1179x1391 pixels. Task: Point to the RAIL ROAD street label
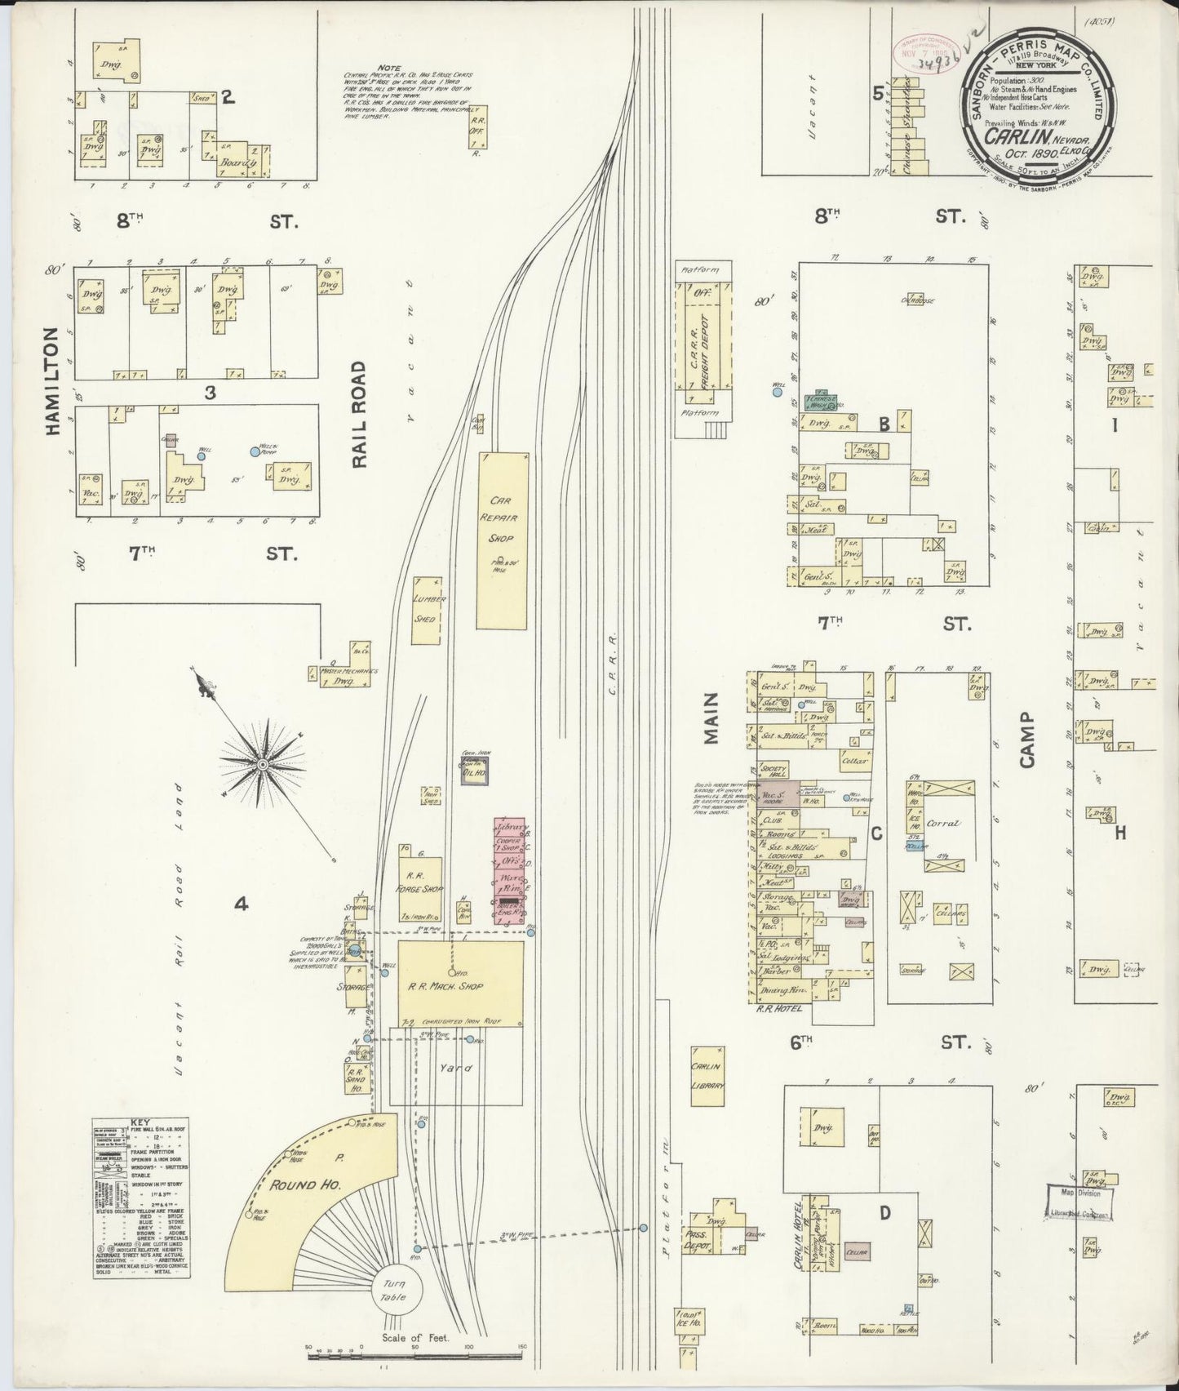click(x=360, y=415)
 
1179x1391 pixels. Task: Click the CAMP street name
click(x=1026, y=738)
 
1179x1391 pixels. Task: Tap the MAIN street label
click(x=711, y=718)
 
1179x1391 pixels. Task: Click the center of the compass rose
click(x=263, y=763)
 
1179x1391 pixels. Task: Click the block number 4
click(x=240, y=904)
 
